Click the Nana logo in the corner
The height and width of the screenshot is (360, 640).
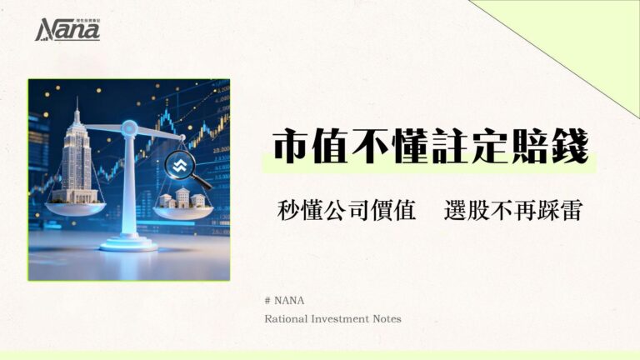pyautogui.click(x=67, y=29)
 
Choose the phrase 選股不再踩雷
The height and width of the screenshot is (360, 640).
pyautogui.click(x=512, y=211)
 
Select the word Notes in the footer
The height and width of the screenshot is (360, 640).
pyautogui.click(x=387, y=318)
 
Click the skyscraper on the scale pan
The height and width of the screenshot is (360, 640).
pyautogui.click(x=77, y=158)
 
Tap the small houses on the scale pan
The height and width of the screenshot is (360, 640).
pyautogui.click(x=182, y=199)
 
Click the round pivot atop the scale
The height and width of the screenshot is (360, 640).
pyautogui.click(x=129, y=127)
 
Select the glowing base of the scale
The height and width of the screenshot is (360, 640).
pyautogui.click(x=128, y=243)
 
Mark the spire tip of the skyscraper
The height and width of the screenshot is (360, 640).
pyautogui.click(x=77, y=101)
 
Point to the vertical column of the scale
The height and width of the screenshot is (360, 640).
pyautogui.click(x=128, y=187)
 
